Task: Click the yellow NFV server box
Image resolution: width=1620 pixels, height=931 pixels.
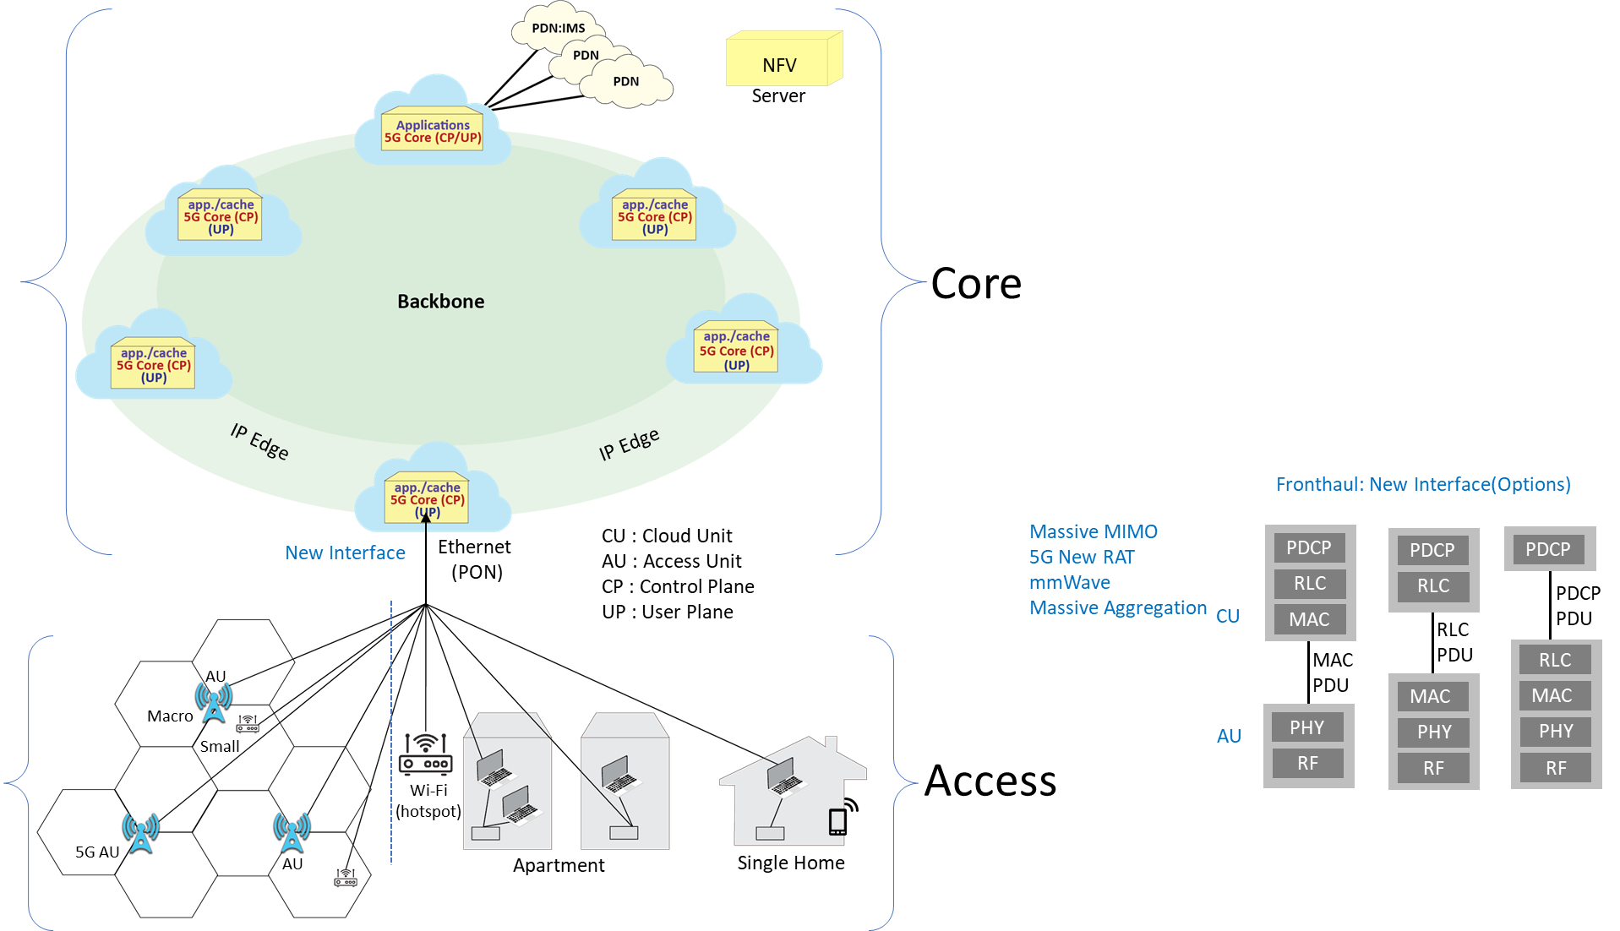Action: pyautogui.click(x=782, y=61)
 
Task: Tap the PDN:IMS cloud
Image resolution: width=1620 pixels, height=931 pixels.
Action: pyautogui.click(x=558, y=28)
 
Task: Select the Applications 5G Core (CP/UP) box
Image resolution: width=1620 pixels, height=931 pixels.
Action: pyautogui.click(x=432, y=132)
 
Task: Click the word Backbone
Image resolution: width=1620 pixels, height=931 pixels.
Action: pyautogui.click(x=440, y=302)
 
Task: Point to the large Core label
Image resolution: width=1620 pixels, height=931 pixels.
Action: pyautogui.click(x=975, y=284)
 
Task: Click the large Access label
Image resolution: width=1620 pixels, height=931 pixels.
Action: pyautogui.click(x=990, y=781)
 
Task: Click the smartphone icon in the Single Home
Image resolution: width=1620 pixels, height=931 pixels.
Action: pyautogui.click(x=838, y=821)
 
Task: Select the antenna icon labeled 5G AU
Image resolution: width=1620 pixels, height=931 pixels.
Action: pyautogui.click(x=140, y=833)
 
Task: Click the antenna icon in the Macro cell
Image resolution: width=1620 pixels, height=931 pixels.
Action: pyautogui.click(x=214, y=702)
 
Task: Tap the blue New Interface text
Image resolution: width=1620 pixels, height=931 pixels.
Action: pyautogui.click(x=345, y=553)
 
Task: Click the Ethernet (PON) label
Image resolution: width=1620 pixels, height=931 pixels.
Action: pyautogui.click(x=475, y=558)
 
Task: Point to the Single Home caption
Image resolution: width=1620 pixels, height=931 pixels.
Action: pyautogui.click(x=790, y=863)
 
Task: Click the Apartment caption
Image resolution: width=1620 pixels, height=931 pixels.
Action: pyautogui.click(x=559, y=865)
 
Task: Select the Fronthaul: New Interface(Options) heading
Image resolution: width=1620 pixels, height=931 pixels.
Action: pyautogui.click(x=1423, y=484)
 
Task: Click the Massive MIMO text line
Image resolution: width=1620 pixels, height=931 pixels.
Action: pyautogui.click(x=1093, y=531)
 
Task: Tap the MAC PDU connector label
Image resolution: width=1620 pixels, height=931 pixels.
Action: pyautogui.click(x=1332, y=672)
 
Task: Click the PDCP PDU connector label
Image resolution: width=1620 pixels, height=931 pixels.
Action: pyautogui.click(x=1577, y=606)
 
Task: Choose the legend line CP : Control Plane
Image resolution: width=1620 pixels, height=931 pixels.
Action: pyautogui.click(x=678, y=586)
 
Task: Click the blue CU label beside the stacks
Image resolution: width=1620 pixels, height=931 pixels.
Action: pyautogui.click(x=1227, y=616)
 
